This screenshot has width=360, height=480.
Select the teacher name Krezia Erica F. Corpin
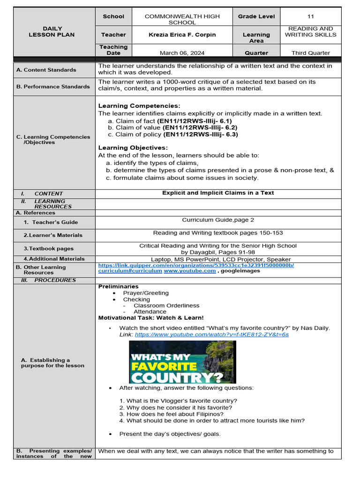point(182,35)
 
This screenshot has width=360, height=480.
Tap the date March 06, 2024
point(182,53)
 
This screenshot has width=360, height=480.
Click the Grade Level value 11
point(311,16)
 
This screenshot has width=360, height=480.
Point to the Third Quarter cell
point(311,53)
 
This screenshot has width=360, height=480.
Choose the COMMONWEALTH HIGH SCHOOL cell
point(182,19)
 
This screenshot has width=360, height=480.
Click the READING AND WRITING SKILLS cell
point(311,31)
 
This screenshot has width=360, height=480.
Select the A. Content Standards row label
point(46,70)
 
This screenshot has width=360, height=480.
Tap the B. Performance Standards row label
point(52,87)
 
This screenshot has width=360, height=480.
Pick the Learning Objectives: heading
point(133,148)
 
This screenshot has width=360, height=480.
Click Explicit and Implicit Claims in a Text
point(218,193)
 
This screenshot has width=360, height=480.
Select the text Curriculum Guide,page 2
point(218,220)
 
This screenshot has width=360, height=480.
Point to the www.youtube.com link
point(190,271)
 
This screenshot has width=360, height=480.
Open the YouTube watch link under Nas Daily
point(211,335)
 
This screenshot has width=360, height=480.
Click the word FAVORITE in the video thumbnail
point(164,366)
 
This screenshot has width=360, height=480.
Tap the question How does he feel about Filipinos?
point(171,414)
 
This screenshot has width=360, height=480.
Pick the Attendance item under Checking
point(150,312)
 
